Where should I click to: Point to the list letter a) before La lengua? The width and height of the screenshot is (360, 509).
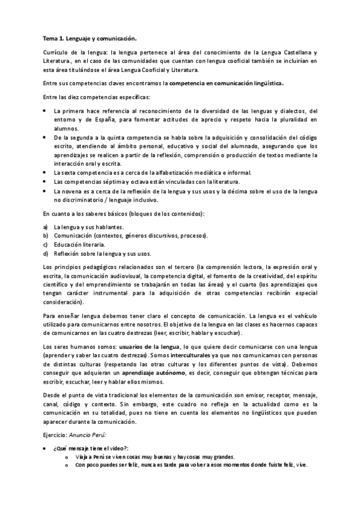point(46,227)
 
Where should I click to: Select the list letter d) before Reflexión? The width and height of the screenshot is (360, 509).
point(46,253)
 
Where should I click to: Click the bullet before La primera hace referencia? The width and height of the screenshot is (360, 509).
point(46,111)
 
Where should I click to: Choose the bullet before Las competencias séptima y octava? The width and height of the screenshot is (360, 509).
point(46,181)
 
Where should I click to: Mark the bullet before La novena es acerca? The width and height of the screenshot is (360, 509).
point(46,190)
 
